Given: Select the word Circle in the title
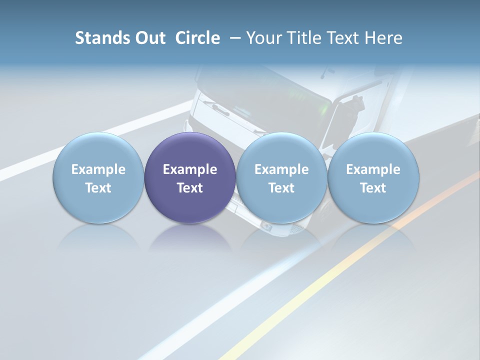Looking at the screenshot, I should [197, 38].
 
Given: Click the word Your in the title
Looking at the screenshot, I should [262, 38].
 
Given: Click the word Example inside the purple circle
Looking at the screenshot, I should [190, 169].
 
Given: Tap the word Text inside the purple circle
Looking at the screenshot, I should [190, 188].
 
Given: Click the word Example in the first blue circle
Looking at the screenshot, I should [98, 169].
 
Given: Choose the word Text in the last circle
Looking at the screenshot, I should [373, 188].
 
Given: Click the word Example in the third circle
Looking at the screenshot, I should [281, 169].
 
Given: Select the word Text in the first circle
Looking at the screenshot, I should [98, 188].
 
